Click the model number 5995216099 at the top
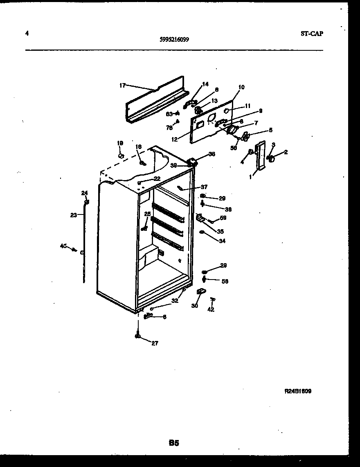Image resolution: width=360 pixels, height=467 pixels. coord(174,40)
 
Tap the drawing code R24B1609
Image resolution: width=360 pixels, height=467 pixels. coord(298,391)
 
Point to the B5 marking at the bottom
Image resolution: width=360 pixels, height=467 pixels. coord(174,442)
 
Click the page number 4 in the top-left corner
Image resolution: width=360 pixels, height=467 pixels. coord(27,34)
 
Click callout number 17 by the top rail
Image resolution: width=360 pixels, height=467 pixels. coord(122,86)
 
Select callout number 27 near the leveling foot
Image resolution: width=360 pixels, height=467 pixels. coord(155,343)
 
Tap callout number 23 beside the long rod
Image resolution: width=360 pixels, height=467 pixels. coord(74,214)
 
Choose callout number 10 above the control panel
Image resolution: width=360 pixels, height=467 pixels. coord(241,87)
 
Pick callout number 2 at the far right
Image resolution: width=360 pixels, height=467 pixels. coord(286,152)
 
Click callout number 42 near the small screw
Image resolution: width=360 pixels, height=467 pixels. coord(211,309)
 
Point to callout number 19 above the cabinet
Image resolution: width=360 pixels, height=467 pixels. coord(120,143)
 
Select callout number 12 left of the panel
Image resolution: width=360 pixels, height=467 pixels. coord(174,139)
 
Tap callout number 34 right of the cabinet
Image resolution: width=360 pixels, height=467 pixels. coord(222,241)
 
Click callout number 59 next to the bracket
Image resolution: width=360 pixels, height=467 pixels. coord(223,218)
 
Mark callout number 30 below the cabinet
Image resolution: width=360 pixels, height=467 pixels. coord(195,305)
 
